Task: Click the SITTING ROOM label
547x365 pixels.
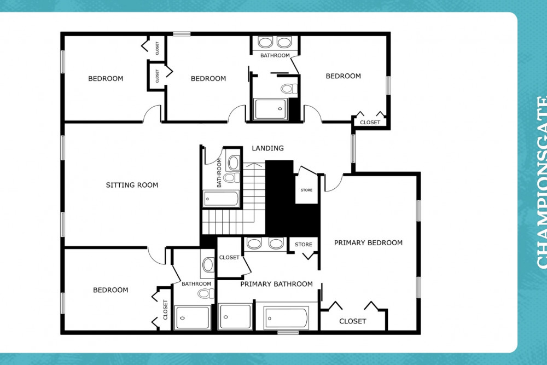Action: (132, 185)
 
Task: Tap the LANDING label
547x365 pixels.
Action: (267, 148)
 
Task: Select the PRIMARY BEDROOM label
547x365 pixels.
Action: (368, 242)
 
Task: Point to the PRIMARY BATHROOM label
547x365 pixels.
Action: (276, 284)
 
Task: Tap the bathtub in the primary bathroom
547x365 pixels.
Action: (286, 318)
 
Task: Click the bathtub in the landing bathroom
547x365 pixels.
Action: (222, 198)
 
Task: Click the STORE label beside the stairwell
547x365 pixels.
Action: (306, 190)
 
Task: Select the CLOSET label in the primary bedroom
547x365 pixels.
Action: (352, 321)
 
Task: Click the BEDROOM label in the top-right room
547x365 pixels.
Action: (343, 76)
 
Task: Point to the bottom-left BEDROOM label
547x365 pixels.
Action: (110, 290)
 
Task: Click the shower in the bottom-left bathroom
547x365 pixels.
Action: (191, 317)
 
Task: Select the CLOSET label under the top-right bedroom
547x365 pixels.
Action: (370, 122)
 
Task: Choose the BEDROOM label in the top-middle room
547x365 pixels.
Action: (208, 78)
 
